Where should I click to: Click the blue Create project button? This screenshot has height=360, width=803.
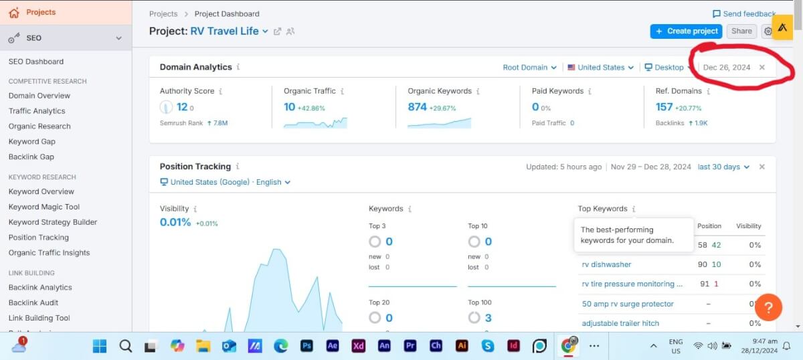(x=687, y=31)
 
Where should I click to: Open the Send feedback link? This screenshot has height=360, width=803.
(x=743, y=13)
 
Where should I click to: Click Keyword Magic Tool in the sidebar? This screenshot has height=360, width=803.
(x=44, y=207)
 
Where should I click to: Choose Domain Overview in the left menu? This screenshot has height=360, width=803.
(x=39, y=96)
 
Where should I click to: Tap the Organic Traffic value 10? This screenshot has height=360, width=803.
(x=289, y=107)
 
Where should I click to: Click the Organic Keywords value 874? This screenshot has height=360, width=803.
(x=417, y=107)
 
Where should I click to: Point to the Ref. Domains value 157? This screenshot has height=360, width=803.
(x=664, y=107)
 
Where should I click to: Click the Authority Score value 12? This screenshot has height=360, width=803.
(x=181, y=107)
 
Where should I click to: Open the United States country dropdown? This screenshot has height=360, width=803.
(x=600, y=68)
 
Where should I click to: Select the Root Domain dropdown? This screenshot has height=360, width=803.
(x=529, y=68)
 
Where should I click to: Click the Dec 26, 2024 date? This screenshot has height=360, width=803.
(x=726, y=68)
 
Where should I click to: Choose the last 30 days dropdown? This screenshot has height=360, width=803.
(x=723, y=167)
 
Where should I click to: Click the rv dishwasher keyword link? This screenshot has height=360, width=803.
(x=606, y=264)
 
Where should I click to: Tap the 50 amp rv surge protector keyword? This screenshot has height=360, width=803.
(x=628, y=304)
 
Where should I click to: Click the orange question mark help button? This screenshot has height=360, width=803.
(x=768, y=308)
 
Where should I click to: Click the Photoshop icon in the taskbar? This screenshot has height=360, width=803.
(x=307, y=346)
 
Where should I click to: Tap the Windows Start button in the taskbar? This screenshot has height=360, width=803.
(x=100, y=346)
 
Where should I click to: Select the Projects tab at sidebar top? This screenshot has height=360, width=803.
(x=40, y=12)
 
